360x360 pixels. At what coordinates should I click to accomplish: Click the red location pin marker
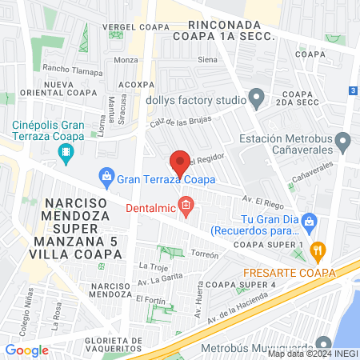point(180,162)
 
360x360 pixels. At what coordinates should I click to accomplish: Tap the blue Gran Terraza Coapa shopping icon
point(106,176)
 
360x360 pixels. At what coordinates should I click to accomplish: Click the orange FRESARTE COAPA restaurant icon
point(318,250)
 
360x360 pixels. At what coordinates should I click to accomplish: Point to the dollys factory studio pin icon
point(256,100)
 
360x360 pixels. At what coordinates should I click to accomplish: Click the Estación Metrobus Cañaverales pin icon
point(344,143)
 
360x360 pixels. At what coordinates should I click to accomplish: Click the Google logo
point(26,350)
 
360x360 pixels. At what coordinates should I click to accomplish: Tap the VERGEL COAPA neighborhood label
point(137,27)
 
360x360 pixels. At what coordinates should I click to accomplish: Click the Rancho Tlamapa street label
point(72,70)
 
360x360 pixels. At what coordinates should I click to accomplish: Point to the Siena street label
point(207,60)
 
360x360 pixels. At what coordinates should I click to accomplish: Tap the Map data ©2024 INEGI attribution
point(313,354)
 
